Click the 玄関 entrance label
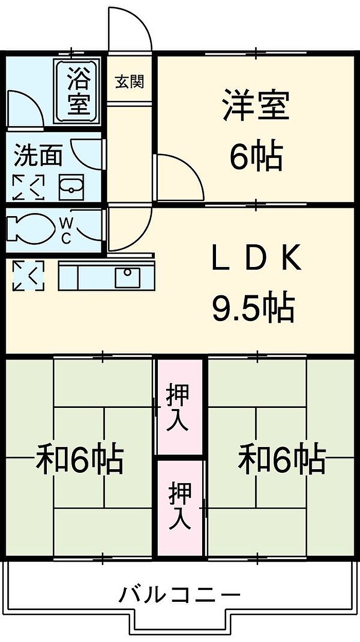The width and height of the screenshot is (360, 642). (129, 81)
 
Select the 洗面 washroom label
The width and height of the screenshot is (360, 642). (38, 156)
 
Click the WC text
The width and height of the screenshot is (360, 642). (66, 230)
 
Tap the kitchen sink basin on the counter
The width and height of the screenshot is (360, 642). (127, 278)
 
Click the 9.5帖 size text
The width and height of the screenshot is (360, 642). (253, 308)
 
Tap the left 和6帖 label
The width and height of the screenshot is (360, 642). (80, 459)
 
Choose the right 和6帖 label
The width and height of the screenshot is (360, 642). (282, 459)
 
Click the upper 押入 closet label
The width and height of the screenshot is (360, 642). (179, 408)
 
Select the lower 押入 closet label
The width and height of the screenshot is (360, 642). (180, 506)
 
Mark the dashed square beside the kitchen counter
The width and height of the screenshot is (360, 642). (28, 276)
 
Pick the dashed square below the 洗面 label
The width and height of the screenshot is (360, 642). (28, 187)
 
